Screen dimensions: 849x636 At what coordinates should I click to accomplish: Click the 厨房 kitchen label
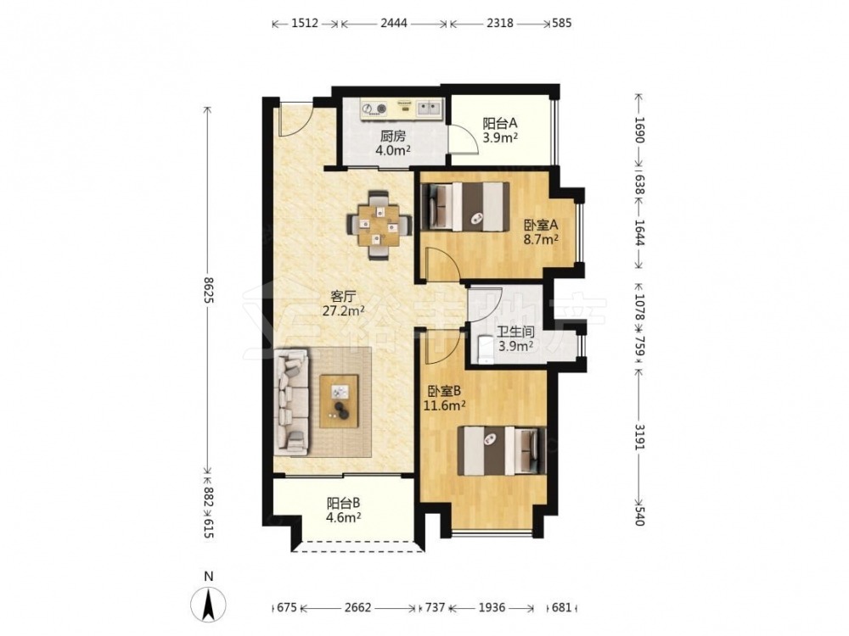click(392, 137)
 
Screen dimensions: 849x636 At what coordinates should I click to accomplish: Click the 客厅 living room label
click(343, 296)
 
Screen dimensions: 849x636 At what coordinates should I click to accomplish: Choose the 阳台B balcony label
click(343, 504)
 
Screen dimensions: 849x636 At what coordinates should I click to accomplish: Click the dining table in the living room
click(379, 225)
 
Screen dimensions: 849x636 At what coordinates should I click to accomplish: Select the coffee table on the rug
click(339, 401)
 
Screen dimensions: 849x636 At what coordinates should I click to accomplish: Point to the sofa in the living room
click(292, 401)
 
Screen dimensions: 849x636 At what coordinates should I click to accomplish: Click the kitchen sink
click(430, 109)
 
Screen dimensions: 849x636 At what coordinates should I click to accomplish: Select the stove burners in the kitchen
click(374, 109)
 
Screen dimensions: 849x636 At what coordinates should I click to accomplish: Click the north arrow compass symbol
click(208, 603)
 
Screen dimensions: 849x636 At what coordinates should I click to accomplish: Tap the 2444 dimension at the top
click(394, 23)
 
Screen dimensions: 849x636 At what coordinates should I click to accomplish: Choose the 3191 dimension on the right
click(639, 437)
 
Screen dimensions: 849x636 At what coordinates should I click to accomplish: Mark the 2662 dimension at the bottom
click(358, 607)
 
